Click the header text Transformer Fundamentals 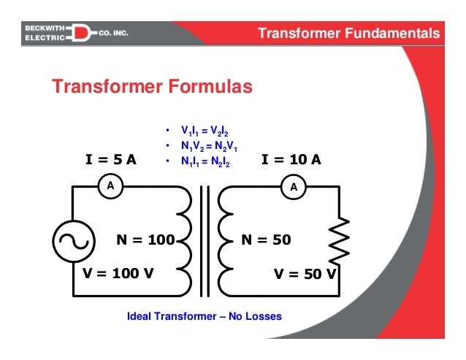pos(350,34)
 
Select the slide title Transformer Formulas pos(152,88)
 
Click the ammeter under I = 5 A pos(111,186)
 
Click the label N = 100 pos(146,240)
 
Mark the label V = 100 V pos(118,275)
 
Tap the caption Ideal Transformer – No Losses pos(205,317)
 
